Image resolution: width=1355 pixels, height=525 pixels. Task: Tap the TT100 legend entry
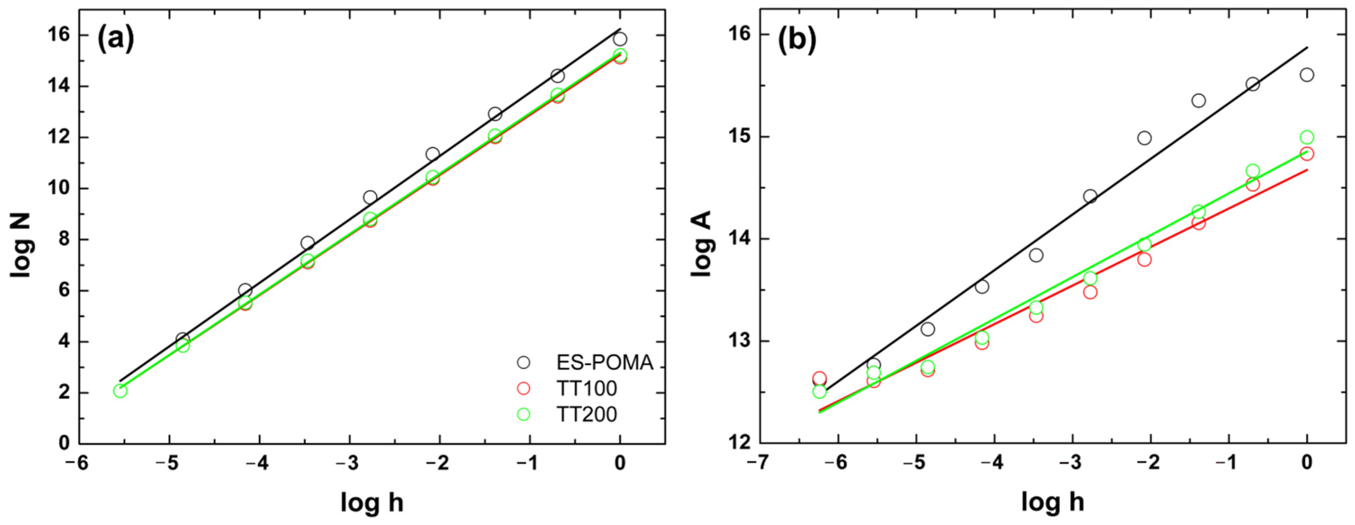[x=586, y=389]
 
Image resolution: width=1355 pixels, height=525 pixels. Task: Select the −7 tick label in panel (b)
[x=755, y=463]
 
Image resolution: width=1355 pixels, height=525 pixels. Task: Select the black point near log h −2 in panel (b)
[x=1144, y=138]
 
